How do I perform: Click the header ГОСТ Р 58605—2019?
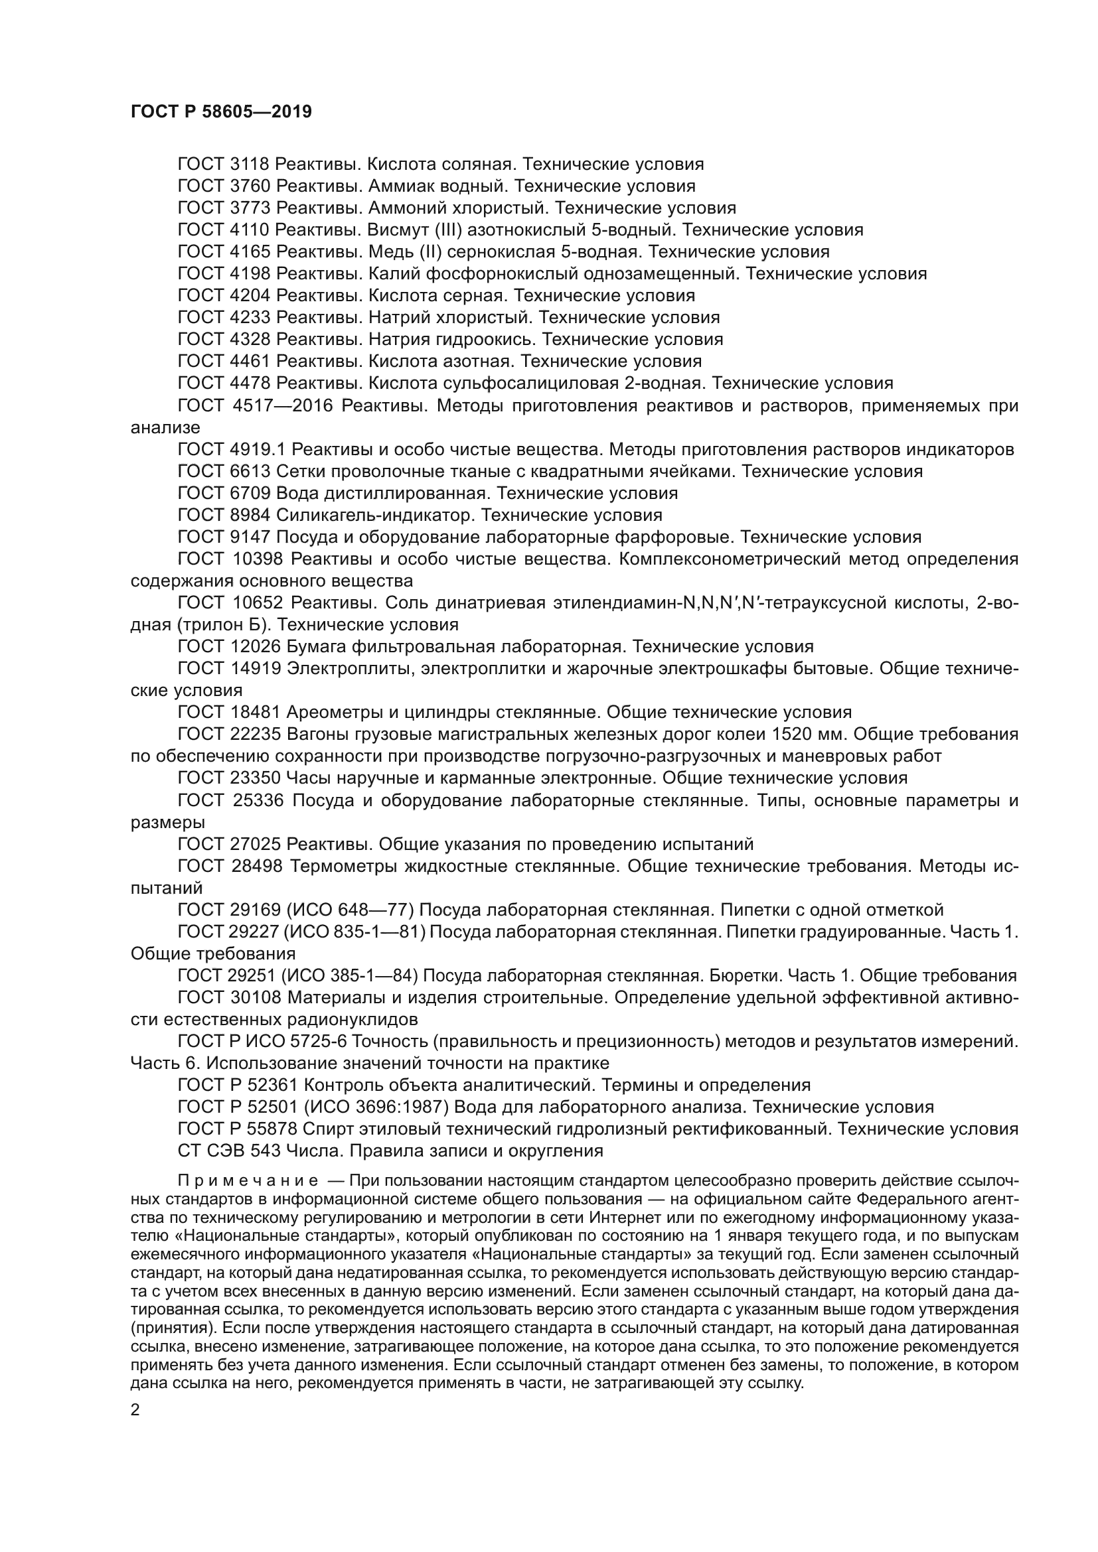[221, 112]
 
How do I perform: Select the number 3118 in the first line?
[250, 165]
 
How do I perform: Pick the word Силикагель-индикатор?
[370, 515]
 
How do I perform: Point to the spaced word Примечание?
[248, 1180]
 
